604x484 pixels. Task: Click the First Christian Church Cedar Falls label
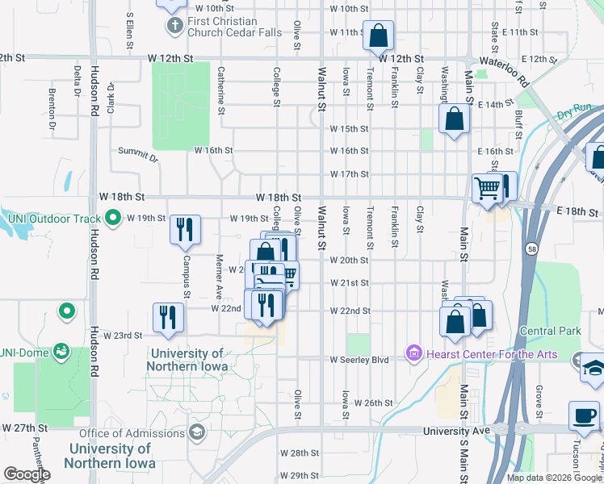coord(222,27)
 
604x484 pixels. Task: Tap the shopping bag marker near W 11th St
coord(379,35)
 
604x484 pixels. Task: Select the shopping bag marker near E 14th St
coord(455,119)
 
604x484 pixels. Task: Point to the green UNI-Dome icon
coord(61,351)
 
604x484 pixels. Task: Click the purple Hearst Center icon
coord(414,353)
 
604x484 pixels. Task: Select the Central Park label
coord(550,331)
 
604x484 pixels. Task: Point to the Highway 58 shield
coord(532,248)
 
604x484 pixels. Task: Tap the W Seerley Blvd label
coord(359,360)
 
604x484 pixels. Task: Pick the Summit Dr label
coord(138,152)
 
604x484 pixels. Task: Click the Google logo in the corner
coord(27,474)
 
